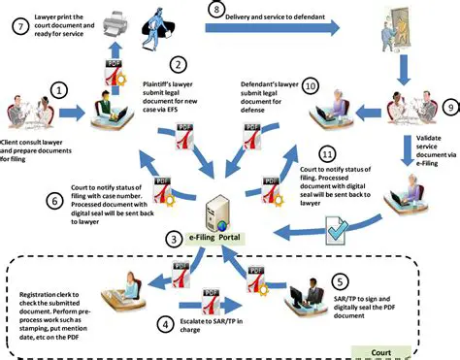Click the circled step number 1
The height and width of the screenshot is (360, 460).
click(x=59, y=91)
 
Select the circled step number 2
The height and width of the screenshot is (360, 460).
click(x=178, y=65)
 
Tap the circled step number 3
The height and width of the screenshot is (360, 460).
click(x=172, y=238)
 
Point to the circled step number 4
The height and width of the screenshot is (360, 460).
click(x=164, y=323)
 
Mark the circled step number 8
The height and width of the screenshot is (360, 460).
click(x=215, y=10)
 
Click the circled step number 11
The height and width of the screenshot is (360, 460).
click(x=327, y=154)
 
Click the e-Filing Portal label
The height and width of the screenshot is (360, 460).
click(x=220, y=238)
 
